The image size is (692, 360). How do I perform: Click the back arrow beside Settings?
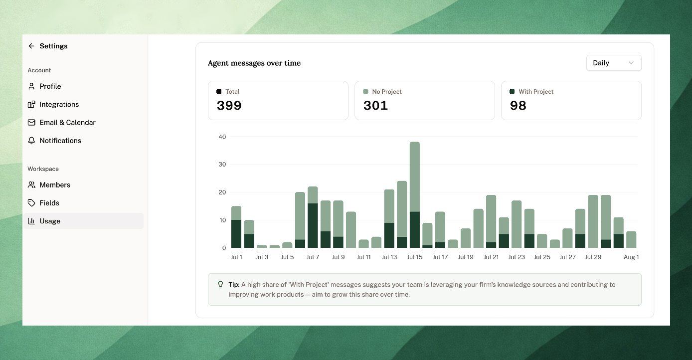tap(31, 46)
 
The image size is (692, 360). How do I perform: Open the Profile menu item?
tap(50, 86)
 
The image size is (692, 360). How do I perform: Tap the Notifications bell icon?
tap(31, 141)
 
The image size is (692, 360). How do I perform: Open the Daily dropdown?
tap(614, 63)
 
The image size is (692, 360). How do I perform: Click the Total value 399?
tap(229, 105)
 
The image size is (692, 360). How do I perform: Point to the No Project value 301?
tap(375, 105)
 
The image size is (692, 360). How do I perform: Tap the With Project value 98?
tap(518, 105)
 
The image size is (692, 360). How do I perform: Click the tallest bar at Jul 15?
tap(415, 194)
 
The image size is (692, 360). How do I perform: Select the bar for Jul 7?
tap(313, 217)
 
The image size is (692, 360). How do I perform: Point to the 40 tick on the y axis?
tap(222, 137)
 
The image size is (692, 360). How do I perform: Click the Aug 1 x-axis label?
tap(631, 257)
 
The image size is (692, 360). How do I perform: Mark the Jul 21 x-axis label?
tap(491, 257)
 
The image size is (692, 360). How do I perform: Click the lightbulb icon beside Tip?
tap(220, 285)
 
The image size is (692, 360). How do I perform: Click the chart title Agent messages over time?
tap(254, 63)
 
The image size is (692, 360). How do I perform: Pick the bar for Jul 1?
tap(236, 227)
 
